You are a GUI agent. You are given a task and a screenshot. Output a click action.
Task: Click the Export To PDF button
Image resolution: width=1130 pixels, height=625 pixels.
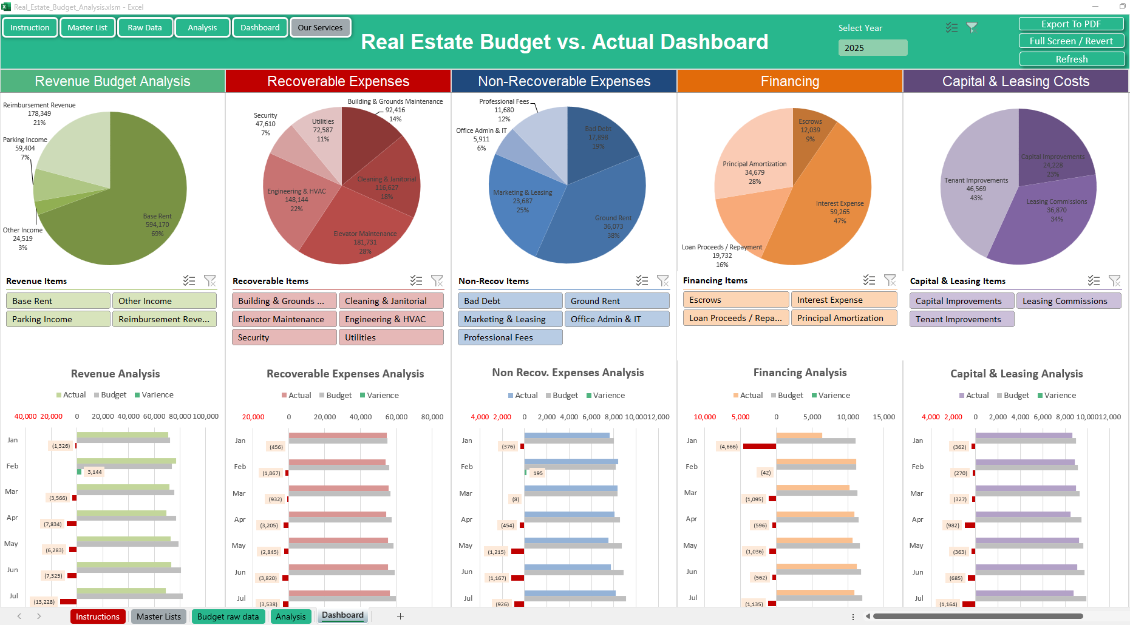[x=1071, y=24]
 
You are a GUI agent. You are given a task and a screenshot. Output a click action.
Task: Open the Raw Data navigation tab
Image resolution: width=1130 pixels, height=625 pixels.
[x=145, y=28]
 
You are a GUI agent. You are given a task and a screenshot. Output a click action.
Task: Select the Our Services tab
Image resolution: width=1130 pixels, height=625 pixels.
[x=320, y=28]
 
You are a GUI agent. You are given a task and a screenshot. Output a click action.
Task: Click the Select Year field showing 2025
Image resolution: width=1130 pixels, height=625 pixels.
[x=873, y=48]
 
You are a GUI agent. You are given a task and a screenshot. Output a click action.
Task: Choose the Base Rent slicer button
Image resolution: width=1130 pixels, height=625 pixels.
[x=58, y=301]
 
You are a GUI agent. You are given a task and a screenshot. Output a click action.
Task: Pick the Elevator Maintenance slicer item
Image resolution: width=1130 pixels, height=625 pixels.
[x=284, y=319]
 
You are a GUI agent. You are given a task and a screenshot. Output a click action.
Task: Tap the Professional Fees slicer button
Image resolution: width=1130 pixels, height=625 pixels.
[x=510, y=337]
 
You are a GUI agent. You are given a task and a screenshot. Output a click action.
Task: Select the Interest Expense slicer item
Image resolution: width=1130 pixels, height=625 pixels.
[x=843, y=300]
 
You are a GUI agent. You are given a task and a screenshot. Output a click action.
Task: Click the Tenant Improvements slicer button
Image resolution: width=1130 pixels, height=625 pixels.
[x=961, y=319]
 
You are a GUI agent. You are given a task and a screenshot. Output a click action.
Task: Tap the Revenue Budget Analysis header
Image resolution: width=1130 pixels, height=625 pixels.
[x=112, y=81]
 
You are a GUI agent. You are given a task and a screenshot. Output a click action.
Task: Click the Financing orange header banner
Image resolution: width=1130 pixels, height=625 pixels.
[x=789, y=81]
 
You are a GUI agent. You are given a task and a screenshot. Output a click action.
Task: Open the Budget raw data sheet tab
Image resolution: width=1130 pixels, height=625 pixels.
[x=228, y=617]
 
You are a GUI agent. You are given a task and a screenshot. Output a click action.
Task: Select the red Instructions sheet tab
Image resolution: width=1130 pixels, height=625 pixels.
[x=98, y=617]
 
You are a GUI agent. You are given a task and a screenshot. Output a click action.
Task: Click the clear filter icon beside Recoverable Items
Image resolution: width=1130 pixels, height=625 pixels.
[x=437, y=280]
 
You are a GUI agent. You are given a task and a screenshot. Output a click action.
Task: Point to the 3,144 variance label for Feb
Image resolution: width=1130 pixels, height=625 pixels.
[x=95, y=472]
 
